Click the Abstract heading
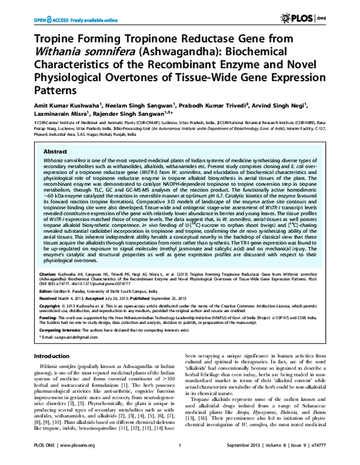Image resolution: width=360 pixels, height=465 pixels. click(x=55, y=152)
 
